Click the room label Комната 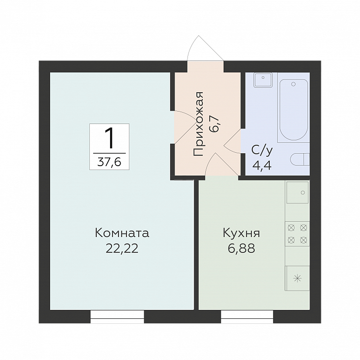pos(121,233)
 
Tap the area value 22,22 pos(121,248)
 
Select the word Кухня pos(241,233)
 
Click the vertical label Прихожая pos(198,124)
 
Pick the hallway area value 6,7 pos(215,121)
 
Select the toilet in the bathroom pos(300,160)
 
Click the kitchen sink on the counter pos(297,193)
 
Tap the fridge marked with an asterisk pos(297,278)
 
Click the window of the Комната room pos(118,316)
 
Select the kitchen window pos(247,316)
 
